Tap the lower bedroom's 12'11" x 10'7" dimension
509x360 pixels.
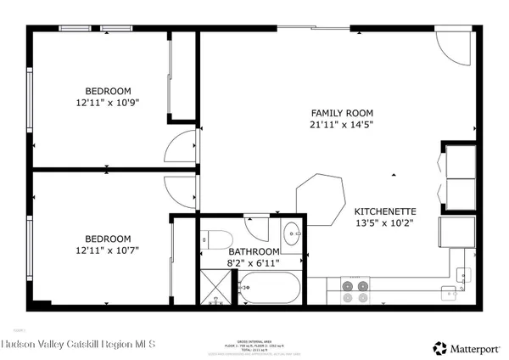point(107,250)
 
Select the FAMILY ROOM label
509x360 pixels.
point(342,113)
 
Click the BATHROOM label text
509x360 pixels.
point(254,252)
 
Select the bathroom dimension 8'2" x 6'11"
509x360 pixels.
point(254,264)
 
